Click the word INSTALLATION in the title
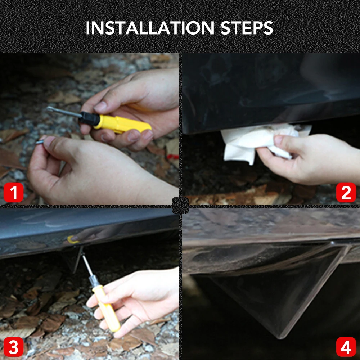(x=150, y=28)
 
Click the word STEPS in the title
(x=247, y=28)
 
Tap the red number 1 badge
(x=14, y=192)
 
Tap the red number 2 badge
(x=346, y=192)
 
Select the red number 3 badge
(x=14, y=347)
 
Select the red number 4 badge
(x=346, y=347)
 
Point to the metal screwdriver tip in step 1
(x=63, y=112)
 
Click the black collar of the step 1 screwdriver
(x=90, y=118)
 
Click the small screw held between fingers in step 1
(x=40, y=142)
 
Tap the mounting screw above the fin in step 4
(x=332, y=242)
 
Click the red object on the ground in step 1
(x=173, y=157)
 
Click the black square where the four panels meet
(x=180, y=206)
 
